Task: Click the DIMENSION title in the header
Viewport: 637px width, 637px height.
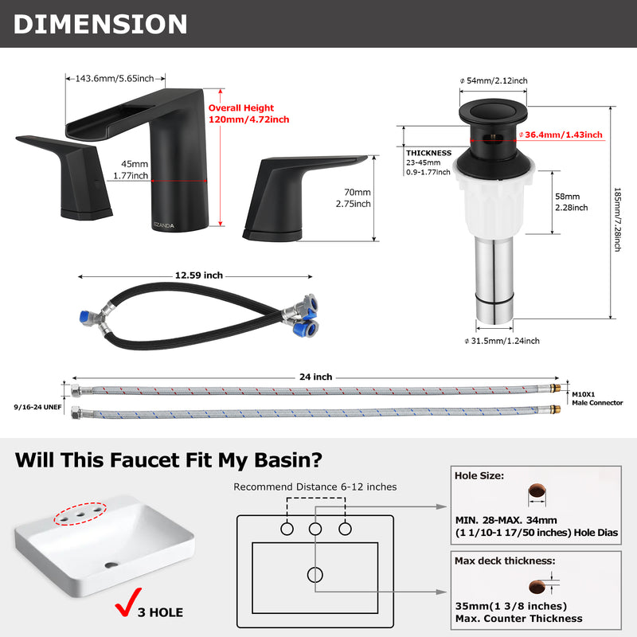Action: point(100,24)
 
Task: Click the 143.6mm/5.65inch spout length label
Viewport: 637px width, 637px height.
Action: point(115,78)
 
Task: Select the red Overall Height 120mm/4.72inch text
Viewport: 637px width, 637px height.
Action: point(248,114)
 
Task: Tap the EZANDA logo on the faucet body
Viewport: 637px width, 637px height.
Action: point(164,225)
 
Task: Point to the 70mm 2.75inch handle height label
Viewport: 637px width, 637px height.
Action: point(353,197)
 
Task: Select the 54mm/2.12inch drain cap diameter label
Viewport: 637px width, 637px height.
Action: point(494,80)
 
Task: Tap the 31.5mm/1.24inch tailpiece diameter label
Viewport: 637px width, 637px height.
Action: point(502,341)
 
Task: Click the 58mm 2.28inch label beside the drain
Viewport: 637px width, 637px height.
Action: point(572,202)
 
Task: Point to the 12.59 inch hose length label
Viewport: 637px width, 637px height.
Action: point(199,276)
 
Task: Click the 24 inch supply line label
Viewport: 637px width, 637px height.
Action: point(315,377)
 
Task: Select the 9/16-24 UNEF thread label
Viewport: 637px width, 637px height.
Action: point(37,407)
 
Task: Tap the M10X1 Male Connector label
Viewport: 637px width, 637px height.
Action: point(597,399)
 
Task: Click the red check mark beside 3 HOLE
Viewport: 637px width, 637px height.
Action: point(128,602)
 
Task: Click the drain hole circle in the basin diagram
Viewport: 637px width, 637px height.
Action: point(315,574)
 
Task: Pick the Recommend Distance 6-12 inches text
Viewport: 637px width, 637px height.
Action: point(315,487)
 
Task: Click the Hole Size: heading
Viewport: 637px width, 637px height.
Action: point(479,475)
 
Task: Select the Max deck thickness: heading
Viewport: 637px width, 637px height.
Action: point(505,561)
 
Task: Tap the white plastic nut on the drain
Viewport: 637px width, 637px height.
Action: point(493,201)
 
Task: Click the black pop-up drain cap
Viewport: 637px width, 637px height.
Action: point(493,111)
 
